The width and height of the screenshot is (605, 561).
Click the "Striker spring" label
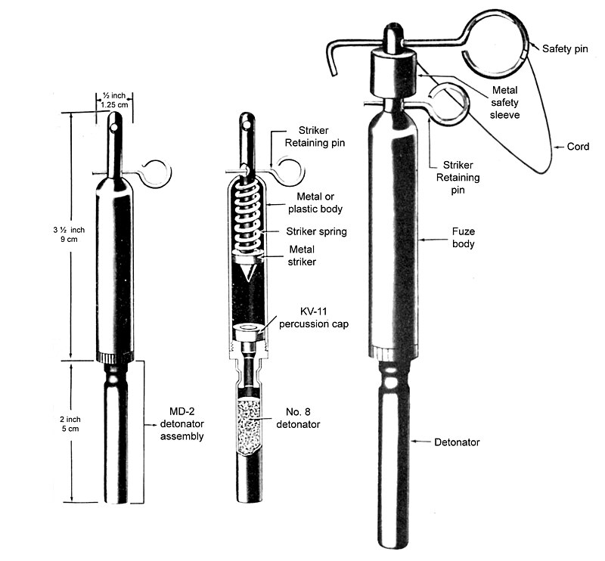pos(316,231)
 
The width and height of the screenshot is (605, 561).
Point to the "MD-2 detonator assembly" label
pos(186,423)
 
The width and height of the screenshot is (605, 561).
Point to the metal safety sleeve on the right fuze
pos(394,73)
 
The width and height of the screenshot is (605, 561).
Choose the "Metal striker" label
pos(302,256)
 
